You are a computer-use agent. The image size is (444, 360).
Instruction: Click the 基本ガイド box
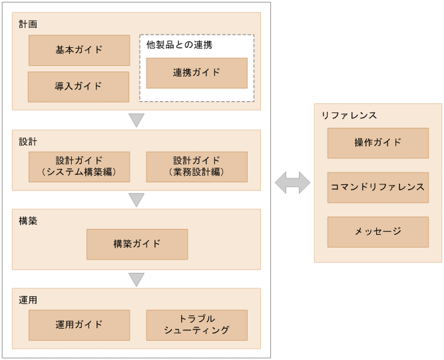pyautogui.click(x=79, y=50)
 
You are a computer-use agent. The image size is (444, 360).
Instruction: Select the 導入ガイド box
pyautogui.click(x=79, y=87)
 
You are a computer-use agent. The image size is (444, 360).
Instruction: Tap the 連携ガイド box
pyautogui.click(x=196, y=73)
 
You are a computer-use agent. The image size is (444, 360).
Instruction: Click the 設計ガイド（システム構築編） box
pyautogui.click(x=79, y=166)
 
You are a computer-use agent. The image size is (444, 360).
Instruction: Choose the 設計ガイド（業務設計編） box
pyautogui.click(x=196, y=166)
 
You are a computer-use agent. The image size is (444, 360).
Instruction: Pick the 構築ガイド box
pyautogui.click(x=137, y=244)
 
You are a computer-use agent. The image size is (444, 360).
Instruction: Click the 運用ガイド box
pyautogui.click(x=79, y=325)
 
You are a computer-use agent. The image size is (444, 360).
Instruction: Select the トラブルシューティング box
pyautogui.click(x=196, y=325)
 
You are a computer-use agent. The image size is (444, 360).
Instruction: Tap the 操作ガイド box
pyautogui.click(x=377, y=142)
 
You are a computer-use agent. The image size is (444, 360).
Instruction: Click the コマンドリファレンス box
pyautogui.click(x=377, y=187)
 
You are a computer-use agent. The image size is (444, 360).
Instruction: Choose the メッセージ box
pyautogui.click(x=377, y=232)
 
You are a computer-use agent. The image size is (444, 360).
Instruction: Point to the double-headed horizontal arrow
pyautogui.click(x=292, y=182)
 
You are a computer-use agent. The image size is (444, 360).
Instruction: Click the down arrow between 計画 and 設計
pyautogui.click(x=136, y=120)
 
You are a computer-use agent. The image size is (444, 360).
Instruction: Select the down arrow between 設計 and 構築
pyautogui.click(x=136, y=200)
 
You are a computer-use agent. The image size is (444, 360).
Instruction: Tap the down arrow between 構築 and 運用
pyautogui.click(x=136, y=279)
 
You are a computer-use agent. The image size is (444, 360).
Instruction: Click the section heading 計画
pyautogui.click(x=28, y=24)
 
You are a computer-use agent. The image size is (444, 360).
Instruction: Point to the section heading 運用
pyautogui.click(x=28, y=300)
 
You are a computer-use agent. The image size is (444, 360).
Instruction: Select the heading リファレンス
pyautogui.click(x=349, y=115)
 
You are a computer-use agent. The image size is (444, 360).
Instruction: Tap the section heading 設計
pyautogui.click(x=28, y=141)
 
